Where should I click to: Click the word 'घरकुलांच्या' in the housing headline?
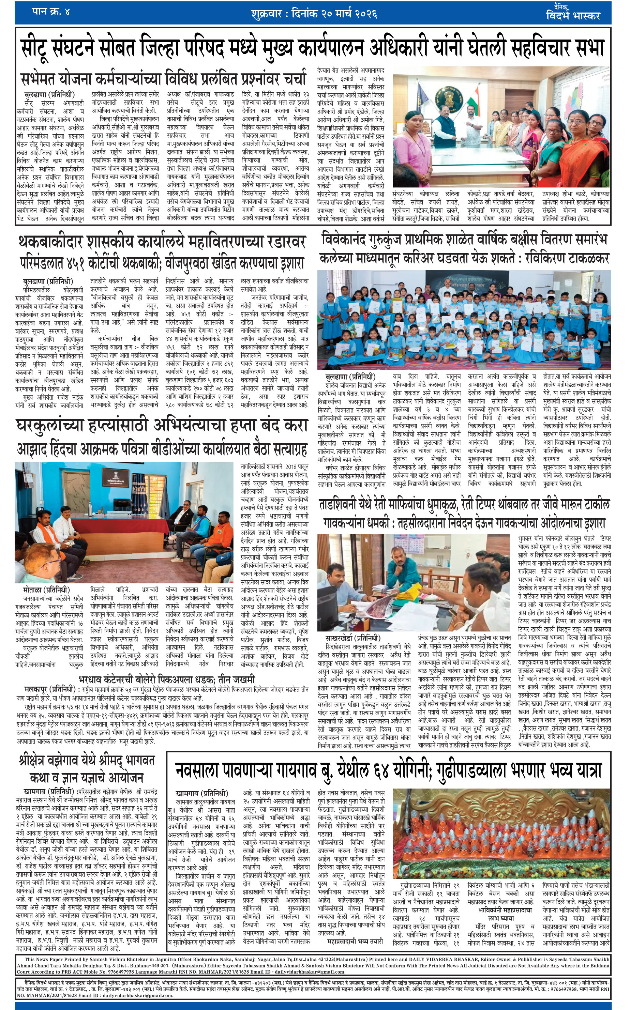pos(62,425)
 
